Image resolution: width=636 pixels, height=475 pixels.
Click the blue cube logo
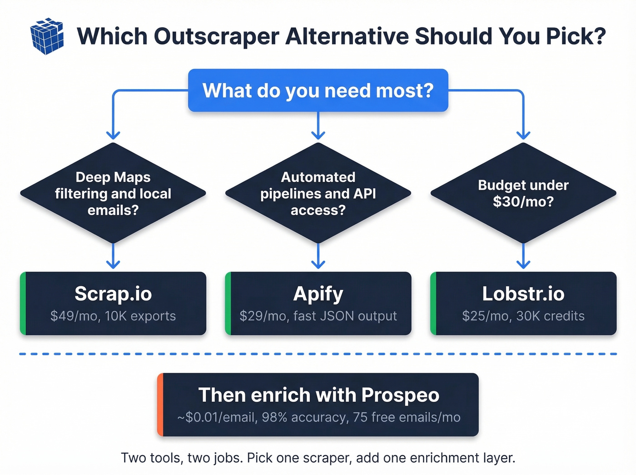[x=47, y=36]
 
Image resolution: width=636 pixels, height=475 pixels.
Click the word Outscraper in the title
[x=217, y=36]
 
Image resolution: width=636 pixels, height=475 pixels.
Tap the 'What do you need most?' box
[x=318, y=90]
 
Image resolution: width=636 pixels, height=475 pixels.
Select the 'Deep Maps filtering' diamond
[x=113, y=193]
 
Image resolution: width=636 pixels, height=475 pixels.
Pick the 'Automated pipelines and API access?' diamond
[x=318, y=193]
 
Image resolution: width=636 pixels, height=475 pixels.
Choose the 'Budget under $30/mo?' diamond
[x=523, y=193]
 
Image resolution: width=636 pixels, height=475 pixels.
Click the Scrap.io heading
[x=113, y=294]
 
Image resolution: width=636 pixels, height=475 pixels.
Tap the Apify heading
[x=318, y=294]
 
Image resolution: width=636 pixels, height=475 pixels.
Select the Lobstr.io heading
[x=523, y=294]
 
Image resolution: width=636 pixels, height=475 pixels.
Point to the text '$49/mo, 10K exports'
[x=113, y=316]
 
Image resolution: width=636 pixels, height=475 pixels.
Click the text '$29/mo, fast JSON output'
[x=318, y=316]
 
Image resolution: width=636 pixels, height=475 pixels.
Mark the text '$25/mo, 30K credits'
[x=523, y=316]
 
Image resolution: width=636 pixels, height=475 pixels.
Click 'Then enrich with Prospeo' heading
[x=318, y=395]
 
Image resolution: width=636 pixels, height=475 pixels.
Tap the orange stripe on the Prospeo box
[x=160, y=405]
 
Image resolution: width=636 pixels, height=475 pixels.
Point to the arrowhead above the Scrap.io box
[x=113, y=264]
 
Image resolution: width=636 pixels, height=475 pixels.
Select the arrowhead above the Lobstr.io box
[x=523, y=264]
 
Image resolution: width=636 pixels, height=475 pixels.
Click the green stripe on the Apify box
[x=228, y=303]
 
